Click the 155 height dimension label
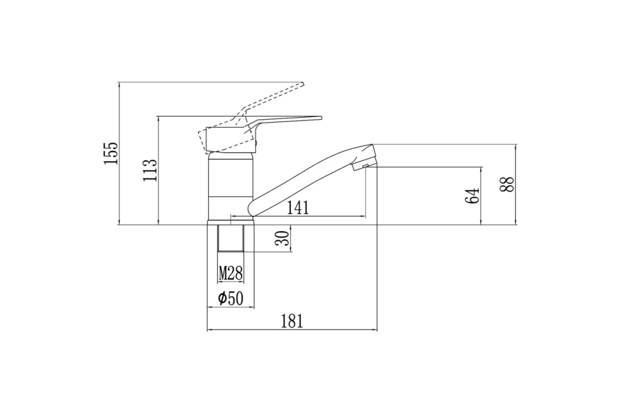[111, 153]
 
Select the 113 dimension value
[150, 170]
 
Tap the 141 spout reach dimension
[298, 208]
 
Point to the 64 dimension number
[472, 196]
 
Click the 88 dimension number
[507, 184]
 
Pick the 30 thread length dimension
[282, 238]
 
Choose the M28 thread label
[231, 273]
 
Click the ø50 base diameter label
[231, 299]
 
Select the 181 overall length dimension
[292, 321]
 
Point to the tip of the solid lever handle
[321, 117]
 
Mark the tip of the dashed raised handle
[303, 84]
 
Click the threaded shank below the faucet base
[231, 238]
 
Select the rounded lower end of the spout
[252, 209]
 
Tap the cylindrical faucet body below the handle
[231, 188]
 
